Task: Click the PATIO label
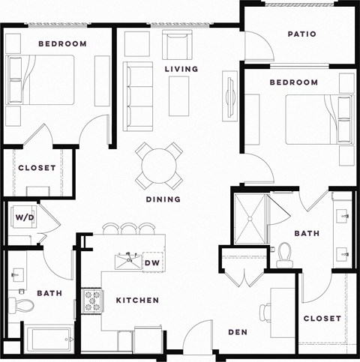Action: [301, 34]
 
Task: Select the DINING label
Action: [163, 199]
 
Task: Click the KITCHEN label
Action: [137, 301]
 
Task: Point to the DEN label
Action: [238, 332]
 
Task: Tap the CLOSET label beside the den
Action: [322, 319]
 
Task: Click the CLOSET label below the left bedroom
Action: [37, 168]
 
